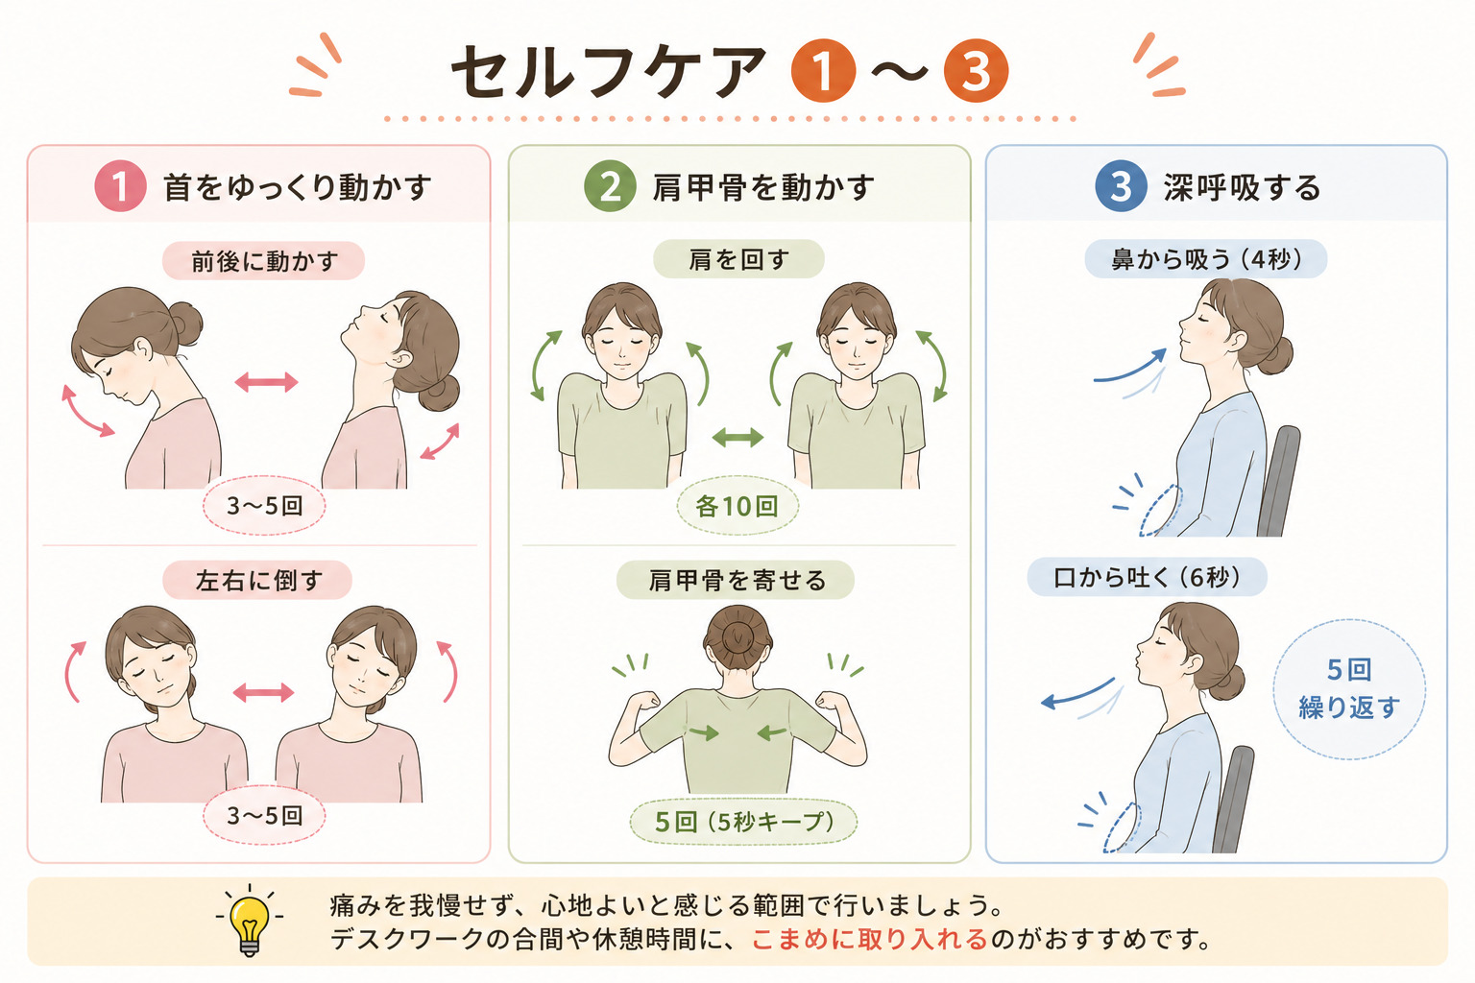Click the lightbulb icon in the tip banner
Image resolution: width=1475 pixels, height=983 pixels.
(x=250, y=920)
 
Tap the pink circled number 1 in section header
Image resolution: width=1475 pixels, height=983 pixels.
(x=120, y=186)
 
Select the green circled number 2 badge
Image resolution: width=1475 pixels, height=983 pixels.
(x=610, y=186)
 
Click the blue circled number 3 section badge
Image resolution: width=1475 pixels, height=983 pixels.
(x=1121, y=186)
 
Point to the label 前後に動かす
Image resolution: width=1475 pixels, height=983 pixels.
(x=263, y=261)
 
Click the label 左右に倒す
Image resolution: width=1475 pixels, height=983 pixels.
(x=257, y=580)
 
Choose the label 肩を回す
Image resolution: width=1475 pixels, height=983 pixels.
(x=738, y=259)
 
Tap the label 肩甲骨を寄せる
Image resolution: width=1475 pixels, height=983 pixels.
(x=736, y=580)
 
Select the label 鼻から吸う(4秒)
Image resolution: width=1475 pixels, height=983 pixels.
(x=1206, y=259)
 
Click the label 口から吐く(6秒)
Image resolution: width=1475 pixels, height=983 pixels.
(x=1148, y=578)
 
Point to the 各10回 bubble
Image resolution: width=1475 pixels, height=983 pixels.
(x=737, y=506)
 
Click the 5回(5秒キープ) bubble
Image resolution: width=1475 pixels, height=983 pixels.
(x=743, y=822)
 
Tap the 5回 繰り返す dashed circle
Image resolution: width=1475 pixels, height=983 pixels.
(x=1349, y=688)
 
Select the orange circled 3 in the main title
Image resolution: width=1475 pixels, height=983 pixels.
(x=976, y=71)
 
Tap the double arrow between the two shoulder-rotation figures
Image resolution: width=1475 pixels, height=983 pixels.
(x=737, y=437)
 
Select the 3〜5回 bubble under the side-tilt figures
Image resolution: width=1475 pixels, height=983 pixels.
(x=264, y=816)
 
